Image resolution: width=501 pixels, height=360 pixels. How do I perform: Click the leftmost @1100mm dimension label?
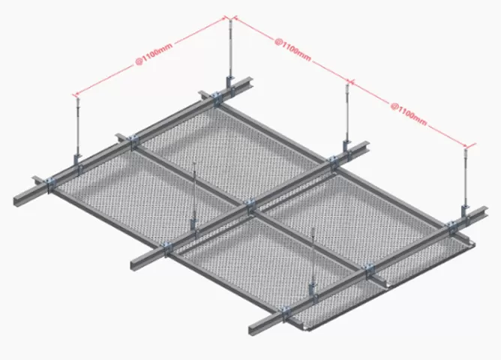pos(152,55)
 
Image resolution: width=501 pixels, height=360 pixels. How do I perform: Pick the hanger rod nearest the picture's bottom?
pos(313,255)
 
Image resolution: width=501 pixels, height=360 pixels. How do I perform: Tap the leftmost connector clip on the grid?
pos(49,183)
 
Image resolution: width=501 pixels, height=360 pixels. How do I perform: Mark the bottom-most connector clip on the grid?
pos(286,310)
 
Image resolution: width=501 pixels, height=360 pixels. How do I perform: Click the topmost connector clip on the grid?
pos(214,96)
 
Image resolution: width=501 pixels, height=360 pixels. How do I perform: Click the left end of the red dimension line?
pos(73,95)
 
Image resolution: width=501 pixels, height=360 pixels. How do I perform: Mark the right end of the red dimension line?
pos(472,146)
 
